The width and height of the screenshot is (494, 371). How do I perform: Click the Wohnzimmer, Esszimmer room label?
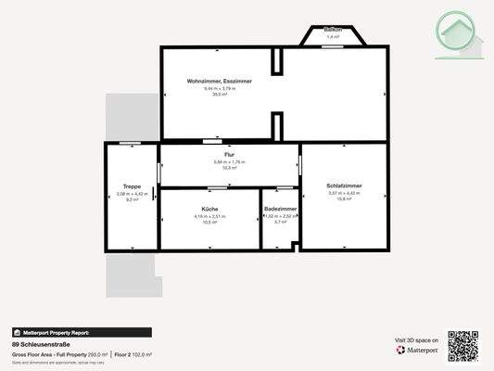(220, 82)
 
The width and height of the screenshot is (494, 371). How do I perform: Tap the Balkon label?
(334, 30)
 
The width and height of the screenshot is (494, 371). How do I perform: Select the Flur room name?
(230, 154)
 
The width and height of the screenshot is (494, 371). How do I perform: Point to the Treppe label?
(132, 187)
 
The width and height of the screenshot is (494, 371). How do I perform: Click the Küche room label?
(209, 210)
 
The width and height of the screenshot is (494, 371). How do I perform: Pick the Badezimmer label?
(280, 210)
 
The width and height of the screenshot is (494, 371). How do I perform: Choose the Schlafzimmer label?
(344, 186)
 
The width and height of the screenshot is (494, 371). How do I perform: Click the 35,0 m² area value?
(220, 94)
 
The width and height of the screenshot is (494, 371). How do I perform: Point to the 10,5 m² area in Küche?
(209, 222)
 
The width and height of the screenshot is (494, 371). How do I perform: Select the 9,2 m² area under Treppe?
(132, 199)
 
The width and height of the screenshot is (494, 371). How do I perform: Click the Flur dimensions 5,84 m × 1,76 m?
(230, 161)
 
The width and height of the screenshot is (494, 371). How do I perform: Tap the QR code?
(462, 345)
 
